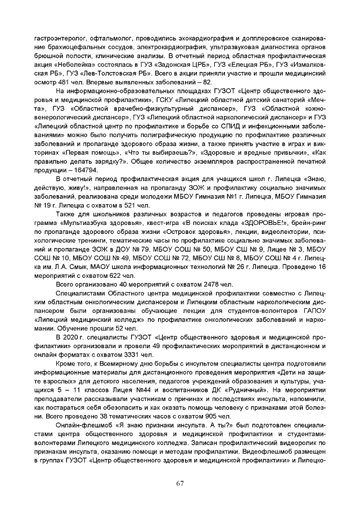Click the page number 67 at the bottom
coord(180,483)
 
